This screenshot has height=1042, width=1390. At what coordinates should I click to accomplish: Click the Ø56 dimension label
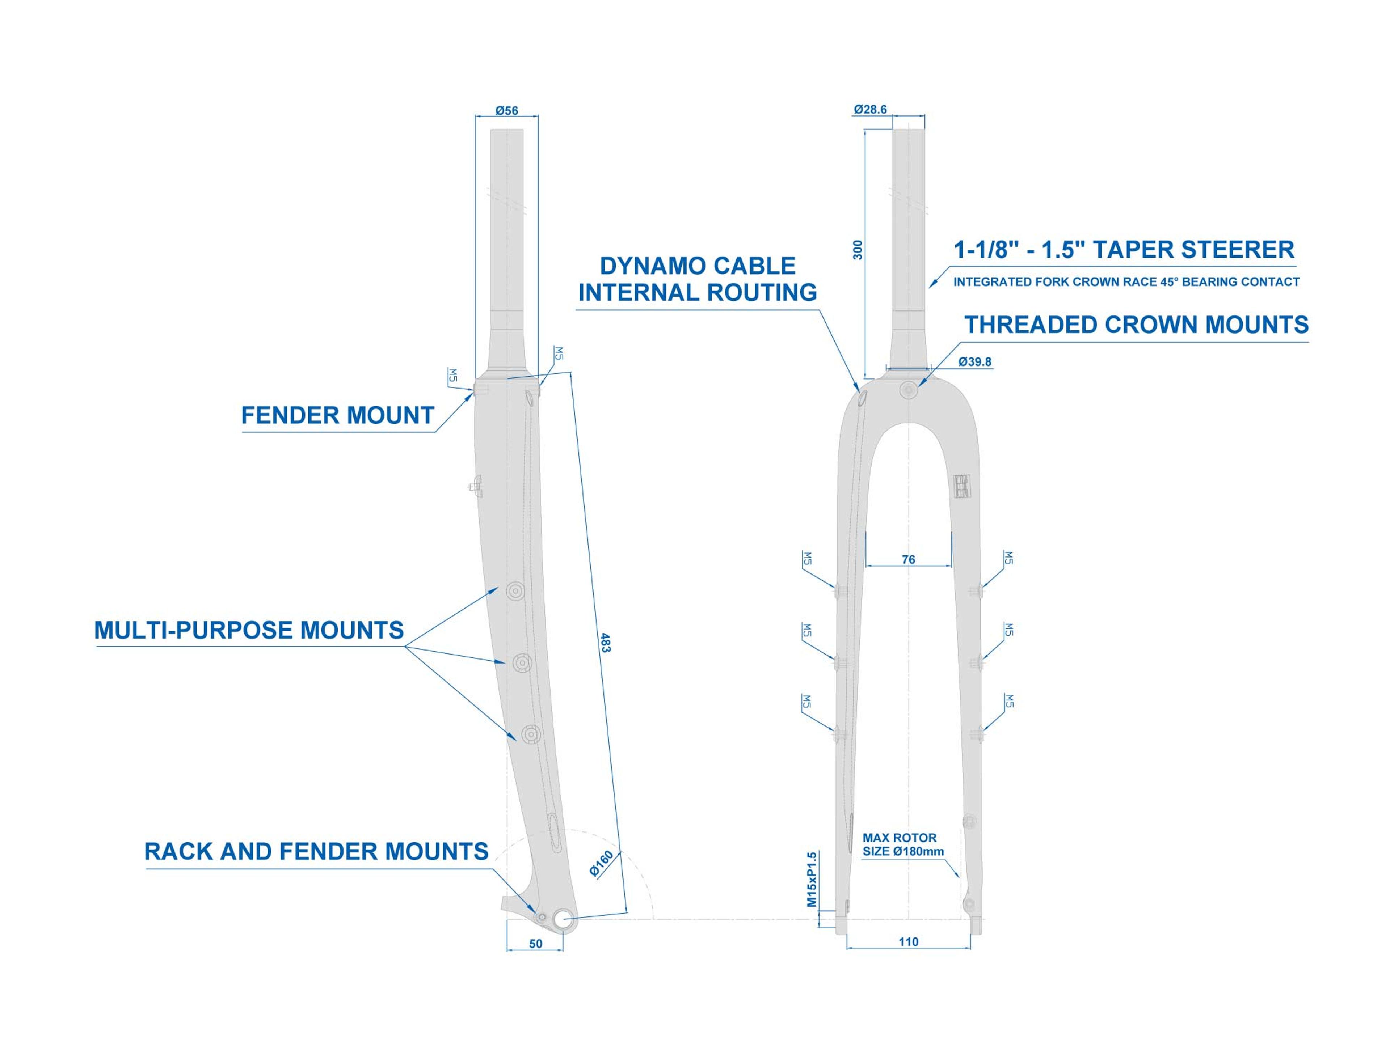coord(506,111)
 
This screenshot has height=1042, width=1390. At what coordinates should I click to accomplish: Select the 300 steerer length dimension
coord(858,250)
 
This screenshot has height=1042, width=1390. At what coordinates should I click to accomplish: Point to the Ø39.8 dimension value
coord(975,362)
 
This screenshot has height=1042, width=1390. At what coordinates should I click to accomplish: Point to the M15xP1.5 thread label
coord(812,879)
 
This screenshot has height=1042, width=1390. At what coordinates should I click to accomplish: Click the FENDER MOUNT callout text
coord(337,416)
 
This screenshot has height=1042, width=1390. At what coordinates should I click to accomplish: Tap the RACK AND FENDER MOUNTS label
coord(316,852)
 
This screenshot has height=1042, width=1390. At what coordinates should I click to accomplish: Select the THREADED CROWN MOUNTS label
coord(1136,325)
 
